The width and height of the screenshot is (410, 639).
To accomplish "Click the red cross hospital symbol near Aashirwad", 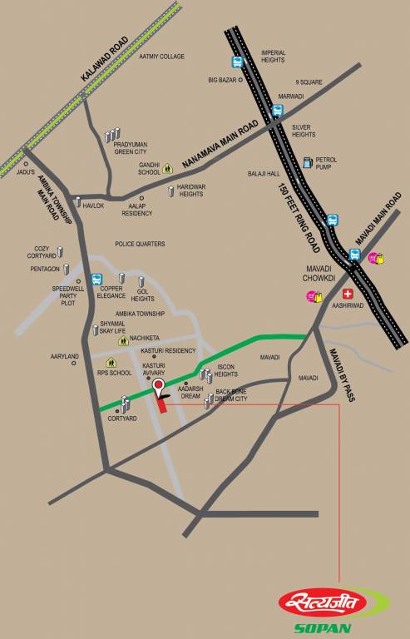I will click(x=348, y=294).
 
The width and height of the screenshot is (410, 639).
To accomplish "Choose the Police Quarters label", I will click(x=140, y=244).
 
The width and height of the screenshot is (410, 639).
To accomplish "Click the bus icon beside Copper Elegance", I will click(x=96, y=280).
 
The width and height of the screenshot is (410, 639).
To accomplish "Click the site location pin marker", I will click(x=170, y=387).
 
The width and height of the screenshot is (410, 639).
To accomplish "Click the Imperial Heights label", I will click(x=274, y=55).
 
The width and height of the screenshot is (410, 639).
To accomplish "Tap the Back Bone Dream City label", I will click(x=232, y=395).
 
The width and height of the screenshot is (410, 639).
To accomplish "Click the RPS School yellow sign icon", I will click(x=110, y=362).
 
